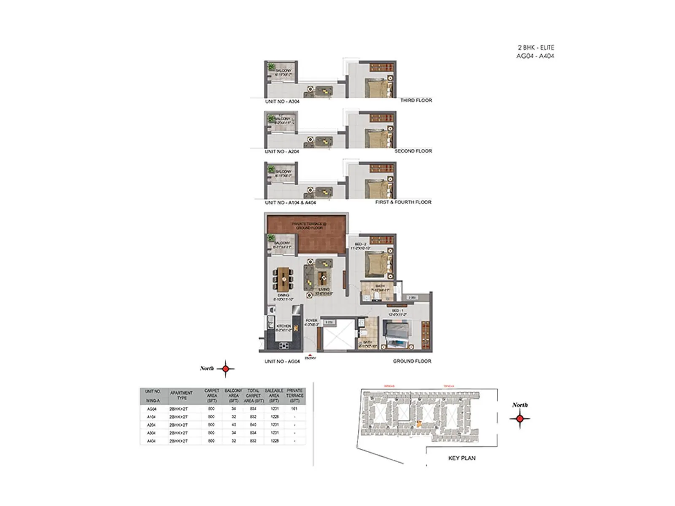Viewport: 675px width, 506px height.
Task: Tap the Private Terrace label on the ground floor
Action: (x=309, y=226)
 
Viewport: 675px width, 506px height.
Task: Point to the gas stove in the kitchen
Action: (x=284, y=346)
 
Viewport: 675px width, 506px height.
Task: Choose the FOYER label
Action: (x=311, y=323)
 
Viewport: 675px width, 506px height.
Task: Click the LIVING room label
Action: (x=324, y=291)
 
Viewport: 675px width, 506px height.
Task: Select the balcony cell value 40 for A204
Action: (x=233, y=425)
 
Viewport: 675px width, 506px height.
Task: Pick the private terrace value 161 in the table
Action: (x=294, y=409)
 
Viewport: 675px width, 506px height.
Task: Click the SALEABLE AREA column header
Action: (x=274, y=396)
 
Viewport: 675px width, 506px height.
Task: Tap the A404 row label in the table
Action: (x=151, y=441)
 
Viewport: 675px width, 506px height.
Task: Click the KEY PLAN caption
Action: (x=462, y=458)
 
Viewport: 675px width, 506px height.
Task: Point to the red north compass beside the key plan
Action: (x=520, y=418)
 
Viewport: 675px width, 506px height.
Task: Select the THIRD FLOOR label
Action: (x=416, y=100)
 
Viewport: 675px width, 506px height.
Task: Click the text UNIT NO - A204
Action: (x=282, y=151)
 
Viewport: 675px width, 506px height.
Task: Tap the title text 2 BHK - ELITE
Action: (x=536, y=48)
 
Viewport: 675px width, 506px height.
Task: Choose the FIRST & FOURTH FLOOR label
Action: (x=403, y=202)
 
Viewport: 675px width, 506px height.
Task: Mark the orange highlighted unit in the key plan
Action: (x=419, y=425)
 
